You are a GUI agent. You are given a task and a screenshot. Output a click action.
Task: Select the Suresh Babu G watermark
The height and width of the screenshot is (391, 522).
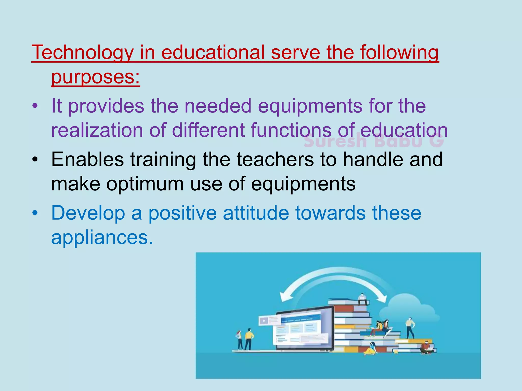(374, 142)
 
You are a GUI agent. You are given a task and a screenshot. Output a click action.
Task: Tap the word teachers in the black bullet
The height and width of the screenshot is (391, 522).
(275, 159)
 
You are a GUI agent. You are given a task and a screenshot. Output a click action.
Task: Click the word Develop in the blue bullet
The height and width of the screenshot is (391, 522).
(88, 213)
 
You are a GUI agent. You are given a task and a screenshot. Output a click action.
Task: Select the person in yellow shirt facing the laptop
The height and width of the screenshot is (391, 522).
(249, 339)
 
